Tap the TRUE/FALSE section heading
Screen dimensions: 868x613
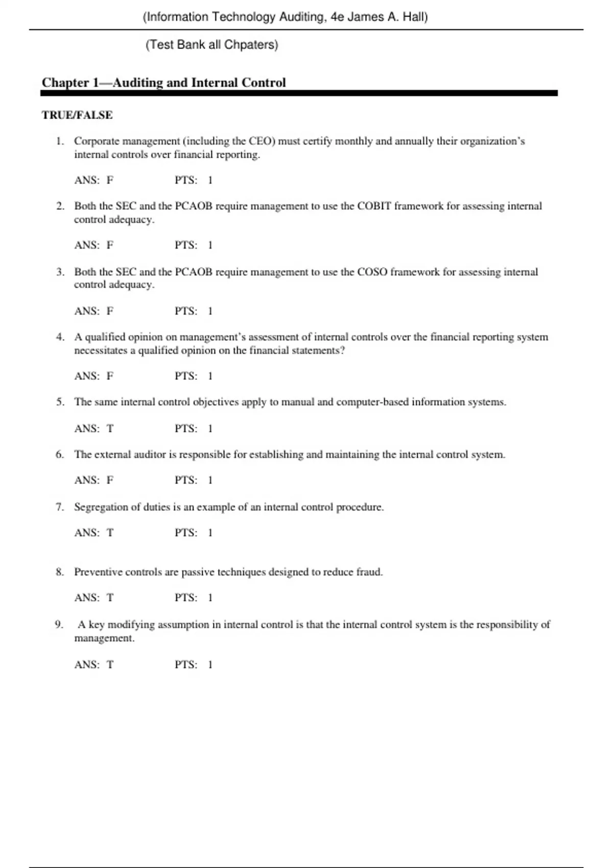(77, 115)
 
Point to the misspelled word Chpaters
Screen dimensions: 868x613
(250, 45)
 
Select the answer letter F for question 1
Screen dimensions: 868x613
(110, 180)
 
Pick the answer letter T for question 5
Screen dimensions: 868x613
(110, 429)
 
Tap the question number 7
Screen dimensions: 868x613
(60, 507)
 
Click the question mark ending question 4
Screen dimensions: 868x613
(342, 351)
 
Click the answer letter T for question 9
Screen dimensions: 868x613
(110, 665)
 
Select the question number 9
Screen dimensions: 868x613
(59, 624)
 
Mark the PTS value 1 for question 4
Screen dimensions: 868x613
(210, 376)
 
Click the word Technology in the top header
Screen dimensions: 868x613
(244, 17)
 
